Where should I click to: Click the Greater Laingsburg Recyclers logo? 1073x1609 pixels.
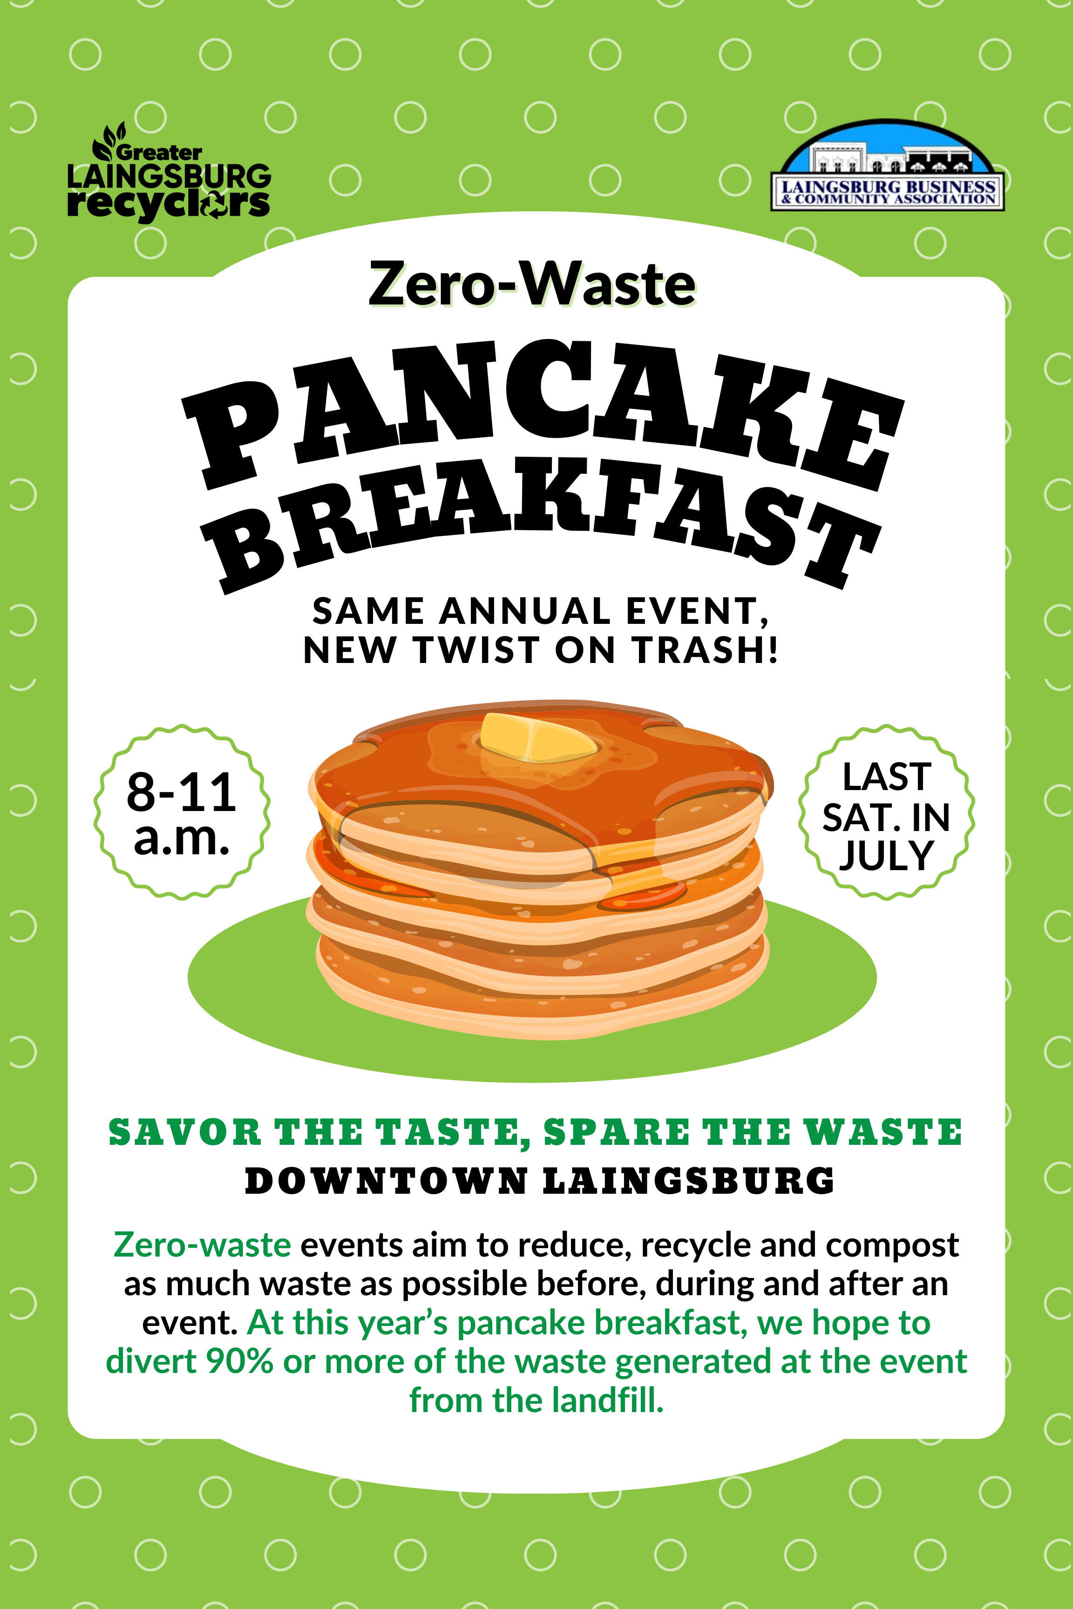click(168, 172)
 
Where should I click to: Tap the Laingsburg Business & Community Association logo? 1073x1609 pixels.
click(888, 165)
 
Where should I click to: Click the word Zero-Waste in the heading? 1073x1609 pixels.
click(532, 284)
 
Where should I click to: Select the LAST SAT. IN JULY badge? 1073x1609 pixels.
click(886, 812)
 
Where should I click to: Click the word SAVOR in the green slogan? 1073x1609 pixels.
click(185, 1132)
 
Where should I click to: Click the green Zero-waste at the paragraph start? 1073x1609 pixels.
click(203, 1244)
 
